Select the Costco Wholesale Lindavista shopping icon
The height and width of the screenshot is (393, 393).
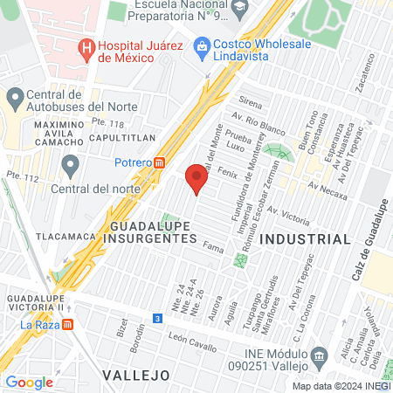(202, 45)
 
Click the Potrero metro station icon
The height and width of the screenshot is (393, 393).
(160, 162)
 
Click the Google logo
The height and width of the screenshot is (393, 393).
(29, 382)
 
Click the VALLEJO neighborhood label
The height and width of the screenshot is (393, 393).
(134, 374)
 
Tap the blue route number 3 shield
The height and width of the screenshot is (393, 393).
(156, 319)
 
